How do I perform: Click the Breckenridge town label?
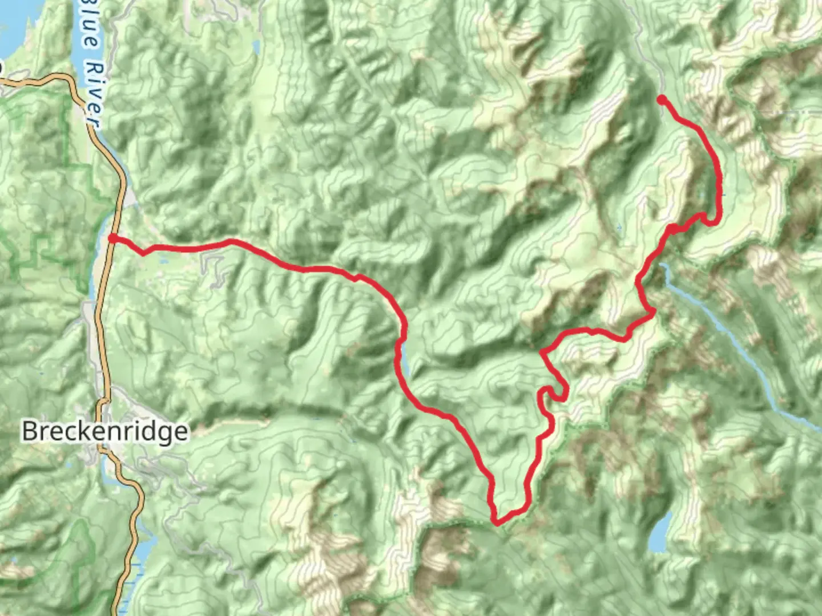pos(104,431)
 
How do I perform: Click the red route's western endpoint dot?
pos(113,238)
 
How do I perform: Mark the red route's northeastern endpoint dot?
pos(662,100)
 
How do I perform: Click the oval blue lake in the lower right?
pos(660,533)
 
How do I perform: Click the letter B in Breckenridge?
pos(29,431)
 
